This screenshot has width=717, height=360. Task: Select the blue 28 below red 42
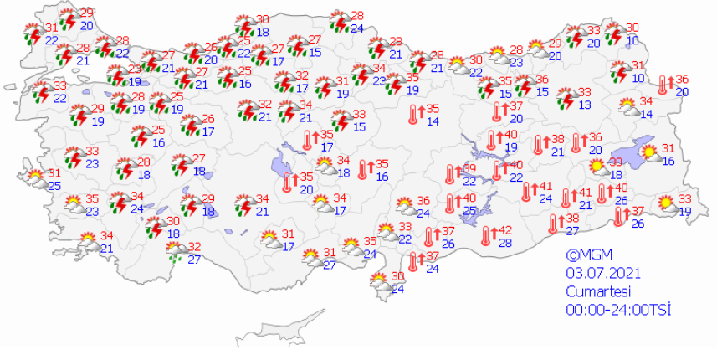[504, 243]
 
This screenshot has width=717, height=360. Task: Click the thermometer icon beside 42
[485, 235]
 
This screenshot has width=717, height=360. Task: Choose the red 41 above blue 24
[545, 186]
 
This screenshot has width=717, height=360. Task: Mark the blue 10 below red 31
[638, 79]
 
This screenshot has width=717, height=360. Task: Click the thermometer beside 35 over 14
[413, 115]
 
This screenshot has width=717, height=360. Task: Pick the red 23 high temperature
[135, 69]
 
